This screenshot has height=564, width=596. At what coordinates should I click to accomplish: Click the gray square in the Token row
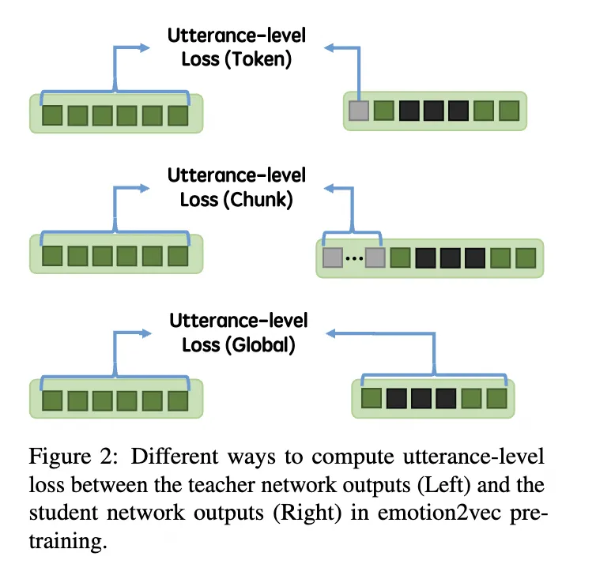tap(358, 110)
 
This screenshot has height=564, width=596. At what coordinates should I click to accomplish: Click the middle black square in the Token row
tap(433, 110)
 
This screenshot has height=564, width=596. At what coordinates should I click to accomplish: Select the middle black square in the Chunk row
tap(450, 258)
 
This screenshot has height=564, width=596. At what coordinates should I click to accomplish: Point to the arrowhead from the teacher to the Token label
tap(145, 48)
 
